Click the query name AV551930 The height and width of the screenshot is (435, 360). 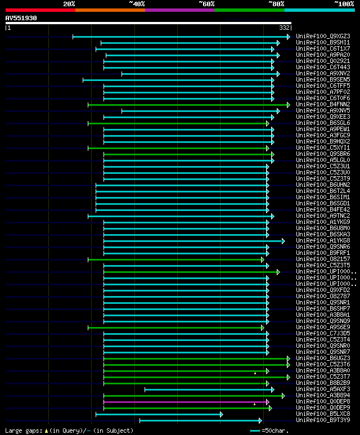(x=21, y=18)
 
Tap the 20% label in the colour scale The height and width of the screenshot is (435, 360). (x=69, y=4)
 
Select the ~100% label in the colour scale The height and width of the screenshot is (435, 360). (x=344, y=4)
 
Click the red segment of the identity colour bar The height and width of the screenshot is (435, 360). (x=40, y=10)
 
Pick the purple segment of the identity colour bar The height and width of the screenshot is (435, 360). (x=179, y=10)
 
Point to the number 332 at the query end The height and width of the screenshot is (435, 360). (x=284, y=28)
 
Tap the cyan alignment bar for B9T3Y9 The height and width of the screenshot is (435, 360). (x=200, y=420)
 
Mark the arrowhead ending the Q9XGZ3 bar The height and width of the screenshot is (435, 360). (x=289, y=37)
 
